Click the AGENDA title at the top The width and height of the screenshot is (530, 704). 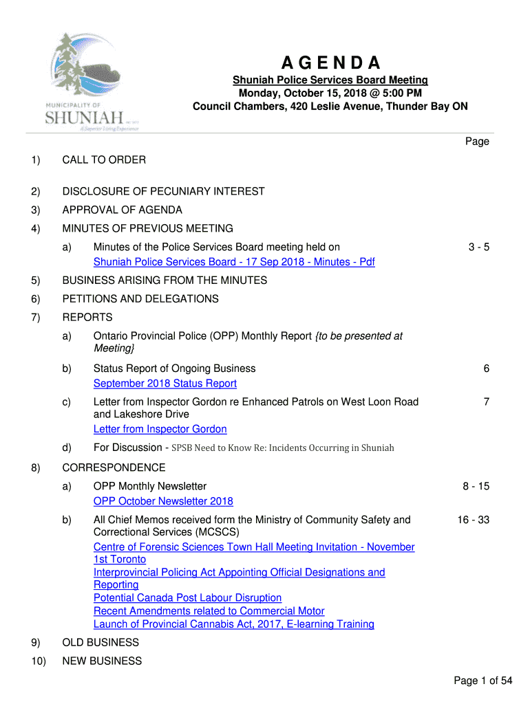(x=330, y=63)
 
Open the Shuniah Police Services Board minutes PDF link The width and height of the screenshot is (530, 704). (x=234, y=262)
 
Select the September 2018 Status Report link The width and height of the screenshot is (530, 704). (x=165, y=384)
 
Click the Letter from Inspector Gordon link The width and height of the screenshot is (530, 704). (x=160, y=429)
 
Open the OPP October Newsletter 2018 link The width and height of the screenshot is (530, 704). (x=163, y=501)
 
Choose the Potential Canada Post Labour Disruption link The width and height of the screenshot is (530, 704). (x=187, y=598)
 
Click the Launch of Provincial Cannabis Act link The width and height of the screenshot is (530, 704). (x=234, y=624)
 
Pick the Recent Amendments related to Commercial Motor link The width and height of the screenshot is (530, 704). (x=209, y=611)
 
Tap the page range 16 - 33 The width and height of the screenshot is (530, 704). (x=473, y=520)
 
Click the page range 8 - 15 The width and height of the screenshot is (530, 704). (x=476, y=487)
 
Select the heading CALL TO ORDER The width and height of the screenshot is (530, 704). (x=104, y=160)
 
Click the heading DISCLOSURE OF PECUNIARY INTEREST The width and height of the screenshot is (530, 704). (x=163, y=192)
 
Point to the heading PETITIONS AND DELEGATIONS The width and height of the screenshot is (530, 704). (x=140, y=299)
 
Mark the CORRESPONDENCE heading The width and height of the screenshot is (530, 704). (x=114, y=468)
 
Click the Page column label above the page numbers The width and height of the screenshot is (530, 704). (x=477, y=142)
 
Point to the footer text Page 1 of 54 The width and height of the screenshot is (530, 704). (x=483, y=681)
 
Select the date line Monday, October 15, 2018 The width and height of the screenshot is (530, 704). (x=330, y=93)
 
